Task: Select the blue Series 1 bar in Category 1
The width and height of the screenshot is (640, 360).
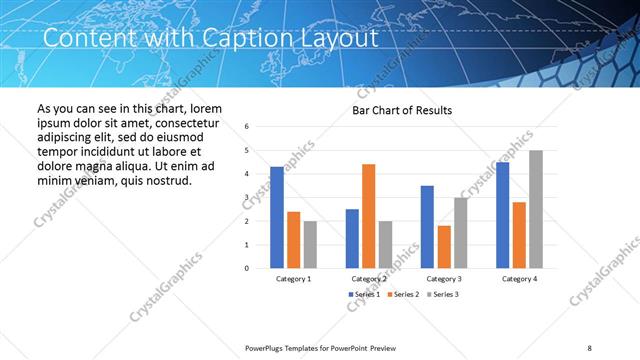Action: coord(277,217)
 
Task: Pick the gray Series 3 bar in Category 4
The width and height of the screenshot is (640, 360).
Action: coord(536,209)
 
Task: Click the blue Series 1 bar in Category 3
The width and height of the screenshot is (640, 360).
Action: coord(427,226)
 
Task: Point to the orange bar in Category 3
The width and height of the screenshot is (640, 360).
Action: coord(444,246)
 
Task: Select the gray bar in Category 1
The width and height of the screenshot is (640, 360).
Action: coord(310,244)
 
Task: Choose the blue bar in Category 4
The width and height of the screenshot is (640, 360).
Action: coord(502,214)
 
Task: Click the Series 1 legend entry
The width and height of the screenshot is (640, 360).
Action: coord(365,295)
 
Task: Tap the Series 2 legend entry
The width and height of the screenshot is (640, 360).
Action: coord(403,295)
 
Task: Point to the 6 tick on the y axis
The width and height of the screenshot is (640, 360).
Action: coord(247,127)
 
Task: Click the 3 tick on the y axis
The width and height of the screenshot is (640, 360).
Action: coord(247,197)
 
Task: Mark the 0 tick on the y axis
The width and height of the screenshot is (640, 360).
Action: coord(247,268)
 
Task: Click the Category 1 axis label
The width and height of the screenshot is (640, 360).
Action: coord(293,279)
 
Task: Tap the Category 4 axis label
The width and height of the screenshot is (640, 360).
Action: coord(519,279)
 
